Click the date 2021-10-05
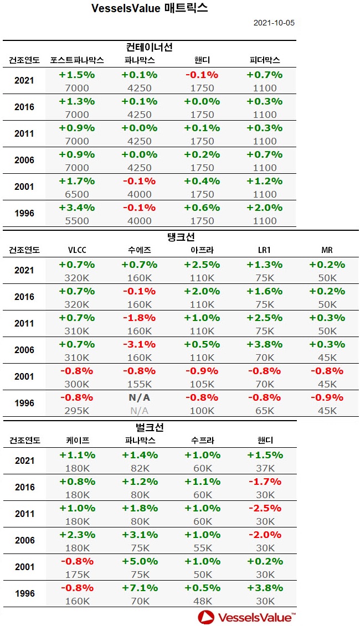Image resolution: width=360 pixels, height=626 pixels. tap(274, 23)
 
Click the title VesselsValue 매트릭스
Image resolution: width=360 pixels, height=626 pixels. tap(150, 9)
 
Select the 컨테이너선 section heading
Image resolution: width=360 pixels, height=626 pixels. tap(150, 47)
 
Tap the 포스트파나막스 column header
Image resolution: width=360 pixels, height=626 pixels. tap(77, 60)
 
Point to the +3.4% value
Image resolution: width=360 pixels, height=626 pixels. tap(77, 208)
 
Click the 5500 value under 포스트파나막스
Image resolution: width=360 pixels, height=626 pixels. tap(77, 220)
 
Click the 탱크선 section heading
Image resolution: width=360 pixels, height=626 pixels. tap(180, 237)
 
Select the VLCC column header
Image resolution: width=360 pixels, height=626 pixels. tap(77, 250)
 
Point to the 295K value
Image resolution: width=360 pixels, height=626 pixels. tap(77, 411)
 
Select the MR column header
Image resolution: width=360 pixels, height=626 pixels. tap(327, 250)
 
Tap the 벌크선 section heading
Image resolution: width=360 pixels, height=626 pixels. tap(150, 428)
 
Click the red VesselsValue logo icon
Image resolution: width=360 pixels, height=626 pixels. tap(206, 617)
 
